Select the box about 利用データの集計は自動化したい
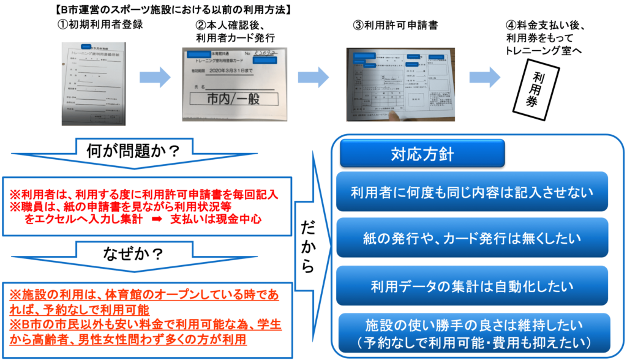click(471, 286)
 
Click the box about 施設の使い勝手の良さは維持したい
click(471, 331)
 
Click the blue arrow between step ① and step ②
click(154, 77)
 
